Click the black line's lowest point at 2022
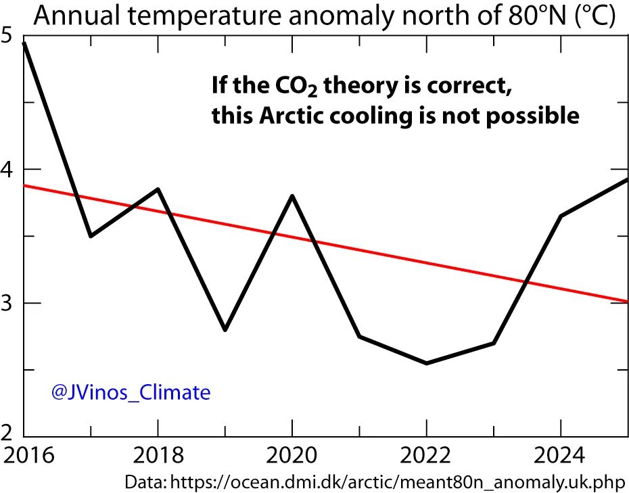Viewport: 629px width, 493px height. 426,363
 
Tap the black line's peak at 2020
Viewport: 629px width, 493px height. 292,196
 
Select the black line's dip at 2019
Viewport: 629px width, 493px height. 225,329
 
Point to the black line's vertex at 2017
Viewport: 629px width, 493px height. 91,235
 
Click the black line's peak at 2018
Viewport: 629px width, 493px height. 158,189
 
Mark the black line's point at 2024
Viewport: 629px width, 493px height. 560,216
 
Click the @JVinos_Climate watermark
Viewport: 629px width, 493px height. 131,392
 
